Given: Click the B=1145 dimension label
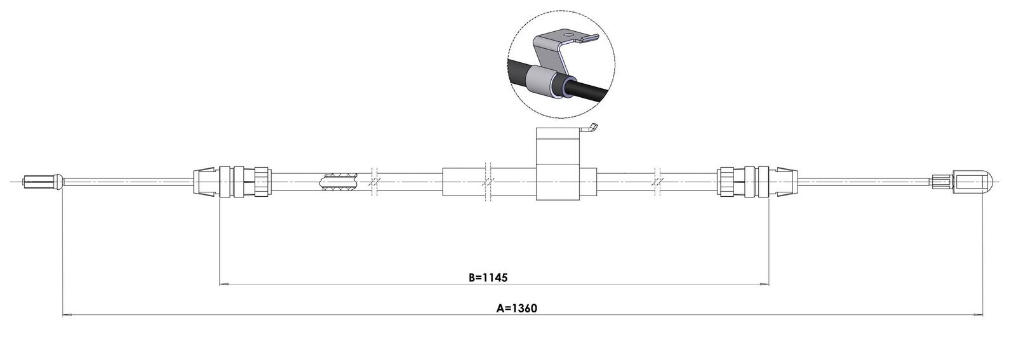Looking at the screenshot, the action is click(x=488, y=277).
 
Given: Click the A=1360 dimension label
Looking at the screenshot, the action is click(x=517, y=309).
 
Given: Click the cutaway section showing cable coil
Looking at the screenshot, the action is click(x=339, y=182).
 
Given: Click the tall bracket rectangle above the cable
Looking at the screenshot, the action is click(x=558, y=164).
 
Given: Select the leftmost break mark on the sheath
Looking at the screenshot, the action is click(x=374, y=182).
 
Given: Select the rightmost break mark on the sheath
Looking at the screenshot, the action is click(x=657, y=182).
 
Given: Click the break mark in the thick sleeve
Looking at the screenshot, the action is click(x=487, y=182).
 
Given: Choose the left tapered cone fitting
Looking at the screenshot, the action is click(x=206, y=182).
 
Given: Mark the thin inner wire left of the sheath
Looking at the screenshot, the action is click(x=128, y=182).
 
